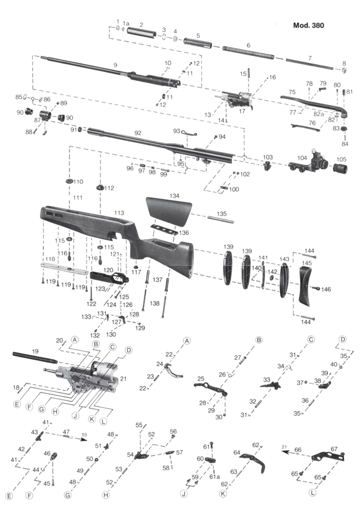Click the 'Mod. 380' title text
(308, 25)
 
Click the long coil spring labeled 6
(248, 52)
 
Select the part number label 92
(138, 133)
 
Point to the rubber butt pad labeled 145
(306, 284)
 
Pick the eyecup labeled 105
(340, 169)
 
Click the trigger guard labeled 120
(109, 278)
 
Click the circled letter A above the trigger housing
(75, 339)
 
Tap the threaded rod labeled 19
(35, 357)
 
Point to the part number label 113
(119, 213)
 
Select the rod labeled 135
(221, 219)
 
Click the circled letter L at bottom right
(312, 493)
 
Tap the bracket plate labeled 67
(328, 456)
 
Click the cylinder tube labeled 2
(142, 32)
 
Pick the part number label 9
(115, 65)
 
